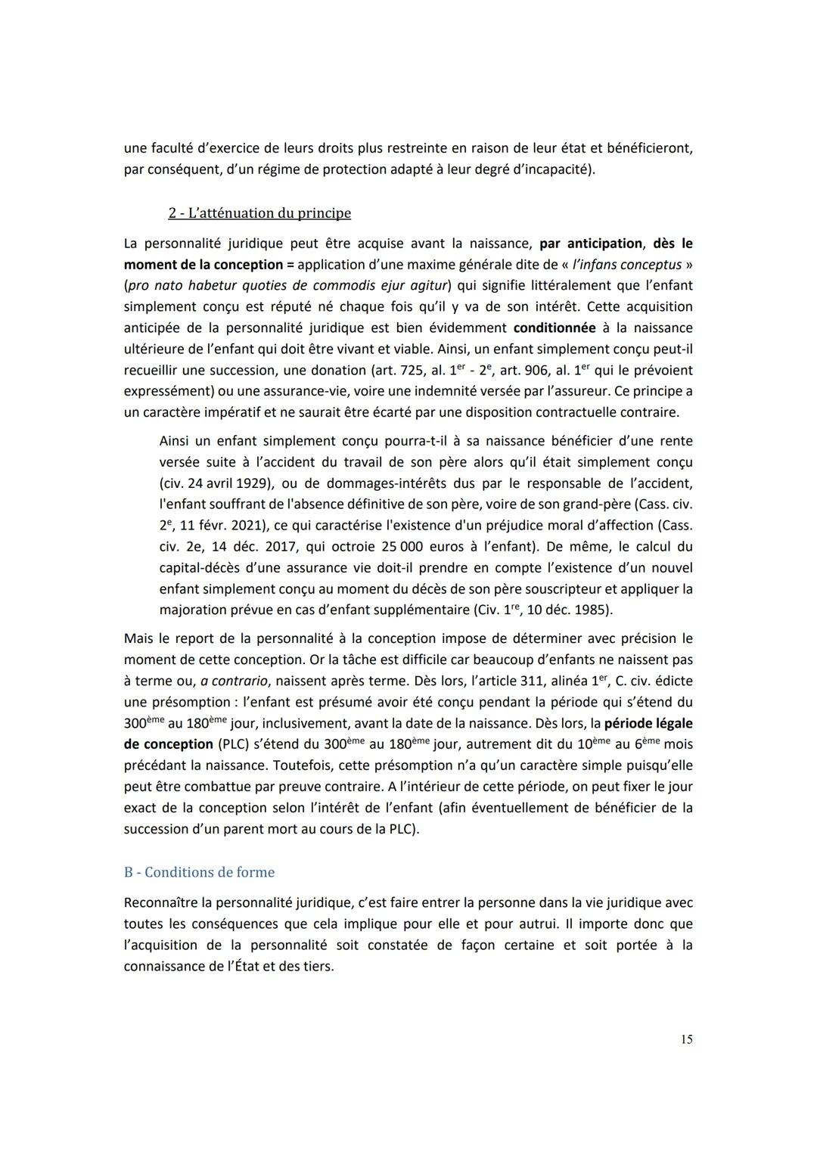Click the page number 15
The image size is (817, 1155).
tap(686, 1039)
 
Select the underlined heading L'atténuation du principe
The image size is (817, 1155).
tap(259, 213)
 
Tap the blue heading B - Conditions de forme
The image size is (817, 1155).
tap(199, 872)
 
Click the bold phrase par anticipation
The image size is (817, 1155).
tap(590, 244)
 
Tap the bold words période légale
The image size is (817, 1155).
tap(648, 723)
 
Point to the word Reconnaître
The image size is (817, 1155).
tap(166, 902)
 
